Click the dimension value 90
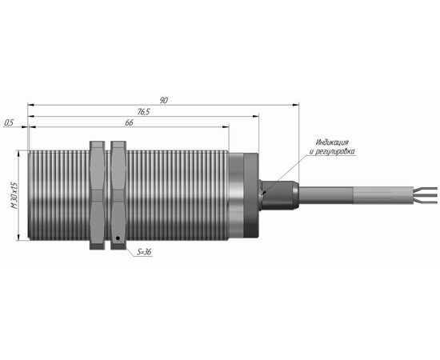163,100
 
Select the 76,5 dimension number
143,112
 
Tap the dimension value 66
129,123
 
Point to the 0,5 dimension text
9,122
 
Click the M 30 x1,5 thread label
14,195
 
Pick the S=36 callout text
145,252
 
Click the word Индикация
332,142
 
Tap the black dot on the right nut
118,238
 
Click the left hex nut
97,195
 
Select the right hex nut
118,195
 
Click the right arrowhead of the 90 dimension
296,105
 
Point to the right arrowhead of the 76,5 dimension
255,116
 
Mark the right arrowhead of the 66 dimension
226,127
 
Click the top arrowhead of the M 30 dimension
18,154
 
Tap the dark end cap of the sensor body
251,195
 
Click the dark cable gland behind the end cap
278,195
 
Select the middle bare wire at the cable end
425,195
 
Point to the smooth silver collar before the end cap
236,195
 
